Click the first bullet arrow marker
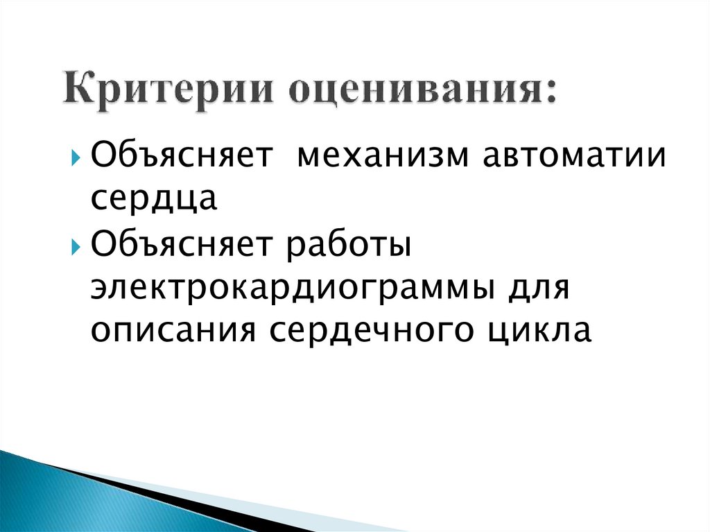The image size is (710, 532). (x=76, y=155)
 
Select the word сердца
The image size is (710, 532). (x=153, y=200)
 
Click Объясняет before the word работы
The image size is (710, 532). (x=181, y=248)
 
